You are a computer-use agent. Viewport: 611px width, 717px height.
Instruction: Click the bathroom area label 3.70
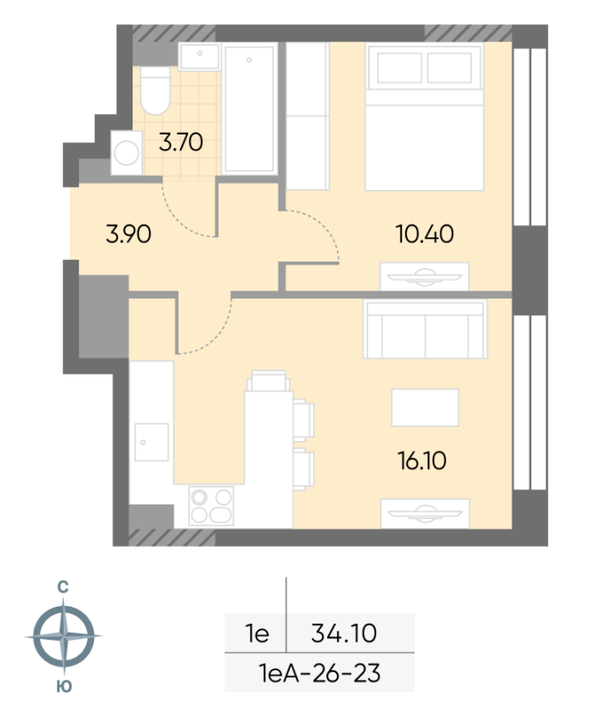pyautogui.click(x=181, y=142)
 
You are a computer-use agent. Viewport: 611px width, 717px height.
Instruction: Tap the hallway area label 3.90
pyautogui.click(x=128, y=234)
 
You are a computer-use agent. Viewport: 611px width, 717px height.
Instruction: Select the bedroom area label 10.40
pyautogui.click(x=425, y=234)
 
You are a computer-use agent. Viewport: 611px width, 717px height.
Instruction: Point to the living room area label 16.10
pyautogui.click(x=422, y=461)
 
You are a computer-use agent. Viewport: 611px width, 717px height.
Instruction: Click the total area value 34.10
pyautogui.click(x=344, y=634)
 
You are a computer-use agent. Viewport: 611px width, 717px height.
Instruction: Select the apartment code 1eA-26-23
pyautogui.click(x=320, y=673)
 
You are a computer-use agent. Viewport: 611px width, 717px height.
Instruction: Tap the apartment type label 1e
pyautogui.click(x=257, y=634)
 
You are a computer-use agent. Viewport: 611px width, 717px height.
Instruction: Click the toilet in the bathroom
pyautogui.click(x=155, y=91)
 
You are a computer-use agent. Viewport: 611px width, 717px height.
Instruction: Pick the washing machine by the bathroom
pyautogui.click(x=126, y=152)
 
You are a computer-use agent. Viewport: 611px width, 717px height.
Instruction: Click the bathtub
pyautogui.click(x=250, y=108)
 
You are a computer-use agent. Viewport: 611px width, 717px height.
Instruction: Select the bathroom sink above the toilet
pyautogui.click(x=199, y=56)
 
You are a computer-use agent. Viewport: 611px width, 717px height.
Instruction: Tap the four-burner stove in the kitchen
pyautogui.click(x=211, y=505)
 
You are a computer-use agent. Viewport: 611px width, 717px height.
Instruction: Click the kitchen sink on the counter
pyautogui.click(x=151, y=442)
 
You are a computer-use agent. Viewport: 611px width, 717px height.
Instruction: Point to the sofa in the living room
pyautogui.click(x=425, y=329)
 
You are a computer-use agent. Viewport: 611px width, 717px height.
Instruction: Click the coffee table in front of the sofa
pyautogui.click(x=425, y=408)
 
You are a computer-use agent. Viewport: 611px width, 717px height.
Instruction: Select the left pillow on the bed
pyautogui.click(x=400, y=68)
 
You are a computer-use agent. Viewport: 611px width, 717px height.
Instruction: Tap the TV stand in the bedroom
pyautogui.click(x=425, y=276)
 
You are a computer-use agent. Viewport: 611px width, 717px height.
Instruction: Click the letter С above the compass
pyautogui.click(x=63, y=587)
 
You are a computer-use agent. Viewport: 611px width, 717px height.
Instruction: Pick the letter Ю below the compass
pyautogui.click(x=65, y=687)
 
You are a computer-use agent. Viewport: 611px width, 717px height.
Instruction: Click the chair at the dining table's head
pyautogui.click(x=269, y=380)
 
